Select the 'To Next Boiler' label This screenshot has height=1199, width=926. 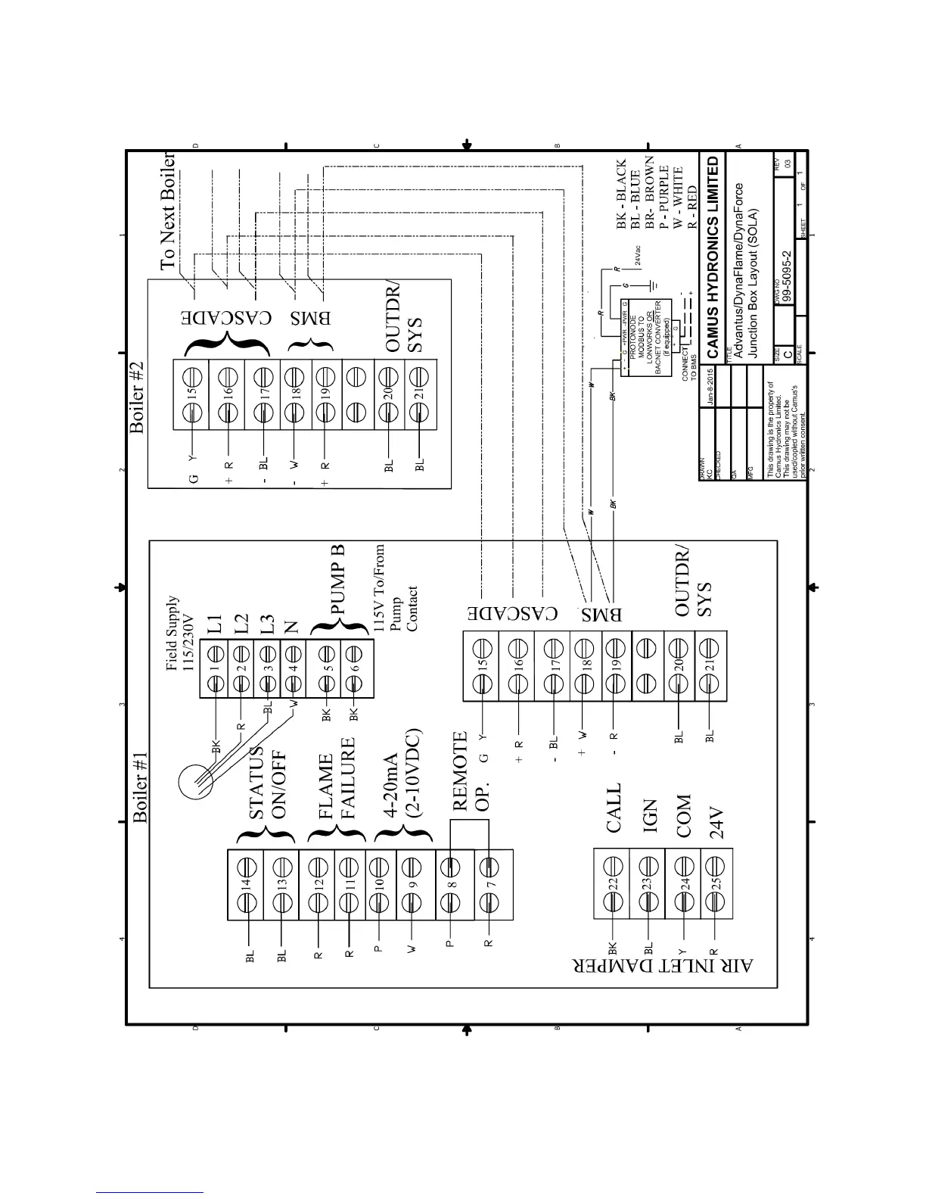click(167, 211)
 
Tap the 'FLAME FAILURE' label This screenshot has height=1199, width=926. click(337, 787)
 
